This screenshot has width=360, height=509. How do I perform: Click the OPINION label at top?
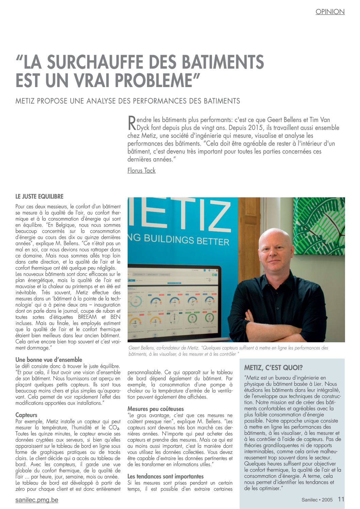point(330,12)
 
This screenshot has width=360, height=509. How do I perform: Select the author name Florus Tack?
point(141,170)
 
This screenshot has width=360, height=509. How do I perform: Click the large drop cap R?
point(131,123)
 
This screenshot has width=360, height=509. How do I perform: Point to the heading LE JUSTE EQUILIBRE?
point(39,196)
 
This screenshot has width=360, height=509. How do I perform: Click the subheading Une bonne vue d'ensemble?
point(49,359)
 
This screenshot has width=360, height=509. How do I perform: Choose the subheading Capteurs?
point(26,415)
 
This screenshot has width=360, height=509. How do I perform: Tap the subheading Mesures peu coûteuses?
point(156,409)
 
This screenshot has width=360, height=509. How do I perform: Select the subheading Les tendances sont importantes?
point(165,476)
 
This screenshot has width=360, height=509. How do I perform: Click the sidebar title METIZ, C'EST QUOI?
point(273,367)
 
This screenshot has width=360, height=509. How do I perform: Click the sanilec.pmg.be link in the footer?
point(37,500)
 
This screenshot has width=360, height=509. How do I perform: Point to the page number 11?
point(341,499)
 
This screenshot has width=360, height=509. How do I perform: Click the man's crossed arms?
point(279,325)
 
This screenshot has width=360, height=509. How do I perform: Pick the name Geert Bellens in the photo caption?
point(141,348)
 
